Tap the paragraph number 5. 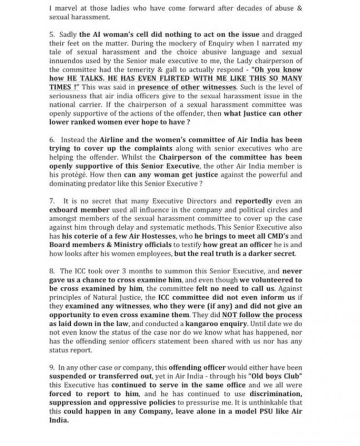pyautogui.click(x=51, y=34)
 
